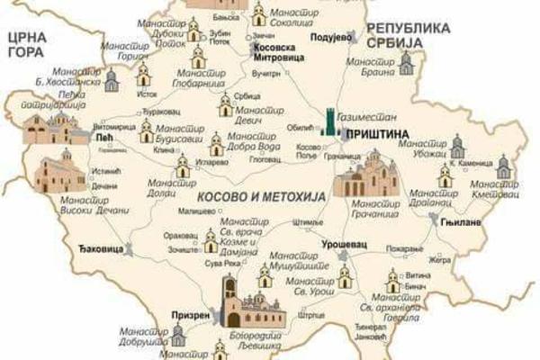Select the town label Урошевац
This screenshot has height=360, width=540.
click(341, 244)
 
